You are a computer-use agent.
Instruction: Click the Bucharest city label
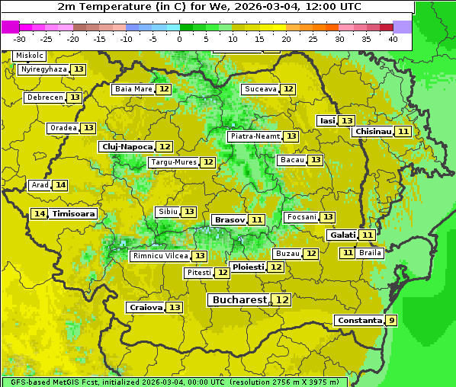tap(239, 300)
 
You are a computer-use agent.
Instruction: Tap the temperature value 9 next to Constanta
tap(391, 321)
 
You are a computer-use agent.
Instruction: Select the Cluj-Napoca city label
tap(127, 146)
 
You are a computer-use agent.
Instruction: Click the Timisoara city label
tap(74, 214)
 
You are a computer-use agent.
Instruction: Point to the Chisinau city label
tap(373, 131)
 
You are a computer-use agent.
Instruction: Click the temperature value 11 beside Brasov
tap(257, 219)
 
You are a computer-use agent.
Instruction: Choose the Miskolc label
tap(30, 56)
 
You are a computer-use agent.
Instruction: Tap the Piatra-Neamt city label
tap(255, 136)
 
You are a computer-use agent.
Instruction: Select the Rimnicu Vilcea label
tap(159, 256)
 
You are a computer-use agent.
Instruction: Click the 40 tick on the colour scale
tap(393, 39)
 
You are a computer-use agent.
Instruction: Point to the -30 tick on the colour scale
tap(20, 39)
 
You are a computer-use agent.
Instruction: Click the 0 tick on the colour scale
tap(179, 39)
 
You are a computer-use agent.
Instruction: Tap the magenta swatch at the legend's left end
tap(10, 27)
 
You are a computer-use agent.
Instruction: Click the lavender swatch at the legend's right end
tap(403, 27)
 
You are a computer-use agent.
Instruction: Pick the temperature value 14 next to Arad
tap(60, 185)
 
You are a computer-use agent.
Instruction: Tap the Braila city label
tap(370, 252)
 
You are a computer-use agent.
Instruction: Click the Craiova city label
tap(146, 307)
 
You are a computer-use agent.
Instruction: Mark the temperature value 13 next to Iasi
tap(346, 121)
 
